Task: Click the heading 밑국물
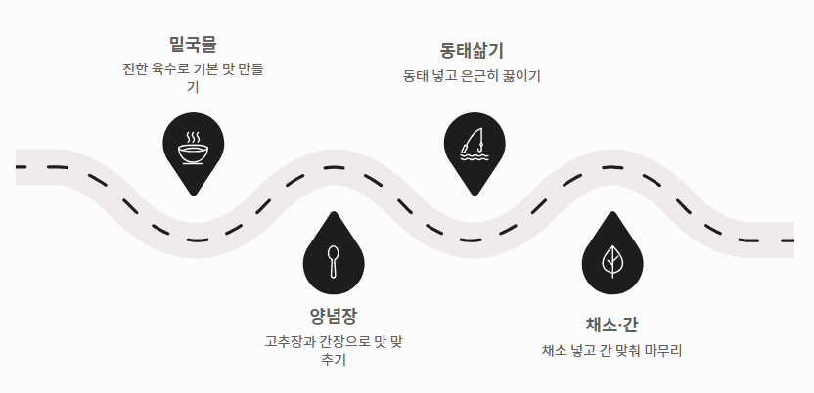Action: tap(193, 43)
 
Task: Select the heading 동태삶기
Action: tap(473, 50)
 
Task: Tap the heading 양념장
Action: tap(334, 316)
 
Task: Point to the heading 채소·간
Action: tap(611, 324)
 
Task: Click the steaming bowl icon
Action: tap(193, 149)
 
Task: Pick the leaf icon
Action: tap(612, 259)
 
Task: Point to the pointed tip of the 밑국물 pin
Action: tap(193, 196)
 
